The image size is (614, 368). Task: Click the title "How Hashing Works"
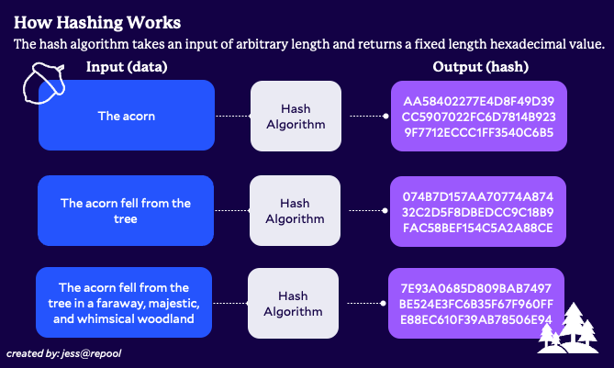click(x=97, y=23)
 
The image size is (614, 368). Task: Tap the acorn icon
click(x=43, y=84)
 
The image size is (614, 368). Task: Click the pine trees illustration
click(x=568, y=328)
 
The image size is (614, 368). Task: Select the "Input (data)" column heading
click(x=127, y=67)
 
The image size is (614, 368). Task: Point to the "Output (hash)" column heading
click(x=481, y=67)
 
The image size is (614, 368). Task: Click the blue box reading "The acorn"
click(x=127, y=115)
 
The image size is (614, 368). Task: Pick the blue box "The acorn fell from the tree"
click(x=126, y=211)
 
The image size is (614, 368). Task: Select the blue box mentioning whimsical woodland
click(x=124, y=303)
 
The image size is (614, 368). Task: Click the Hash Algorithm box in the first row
click(x=296, y=116)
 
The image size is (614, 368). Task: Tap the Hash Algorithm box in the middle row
click(x=295, y=211)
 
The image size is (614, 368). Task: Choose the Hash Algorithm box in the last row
click(x=294, y=303)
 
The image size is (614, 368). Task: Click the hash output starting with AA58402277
click(x=479, y=116)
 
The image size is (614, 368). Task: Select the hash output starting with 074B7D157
click(x=478, y=211)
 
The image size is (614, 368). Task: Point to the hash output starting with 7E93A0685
click(x=476, y=304)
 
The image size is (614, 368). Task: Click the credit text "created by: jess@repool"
click(x=64, y=353)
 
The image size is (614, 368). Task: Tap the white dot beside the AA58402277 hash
click(x=386, y=116)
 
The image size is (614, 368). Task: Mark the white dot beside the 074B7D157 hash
click(x=385, y=211)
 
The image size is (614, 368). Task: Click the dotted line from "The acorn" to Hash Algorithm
click(x=233, y=116)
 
